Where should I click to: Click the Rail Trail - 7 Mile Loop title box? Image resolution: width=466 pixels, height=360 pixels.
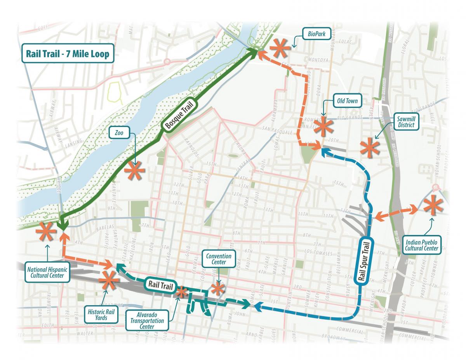(67, 54)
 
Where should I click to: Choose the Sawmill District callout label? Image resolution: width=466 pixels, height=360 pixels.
(405, 122)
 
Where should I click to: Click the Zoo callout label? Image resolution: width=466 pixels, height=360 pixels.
(118, 132)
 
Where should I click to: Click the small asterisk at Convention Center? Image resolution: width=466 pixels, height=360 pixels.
(217, 288)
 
